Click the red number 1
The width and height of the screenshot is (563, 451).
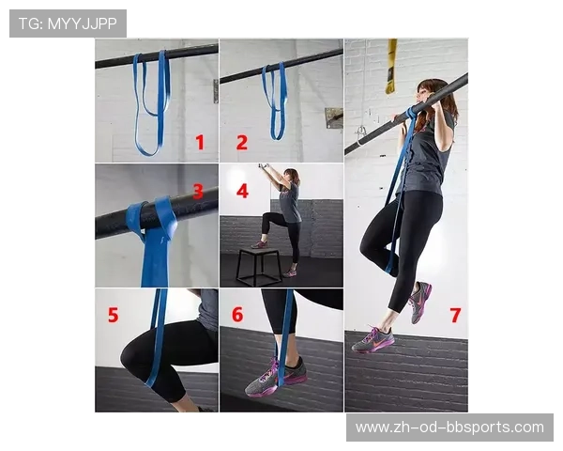coord(200,142)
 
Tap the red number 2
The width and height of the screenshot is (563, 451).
coord(242,143)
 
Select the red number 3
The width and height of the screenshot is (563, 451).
coord(198,192)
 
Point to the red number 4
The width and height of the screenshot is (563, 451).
coord(243,191)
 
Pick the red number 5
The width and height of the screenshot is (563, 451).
coord(114,315)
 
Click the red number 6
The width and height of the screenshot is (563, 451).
coord(237,315)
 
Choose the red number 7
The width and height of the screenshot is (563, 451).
coord(455,316)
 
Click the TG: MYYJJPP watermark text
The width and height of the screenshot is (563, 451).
coord(68,23)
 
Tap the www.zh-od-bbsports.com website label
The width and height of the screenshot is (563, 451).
coord(449,428)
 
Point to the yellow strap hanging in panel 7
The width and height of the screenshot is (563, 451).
coord(390,67)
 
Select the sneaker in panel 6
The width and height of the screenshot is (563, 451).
coord(276,378)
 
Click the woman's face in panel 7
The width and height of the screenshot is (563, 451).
coord(423,94)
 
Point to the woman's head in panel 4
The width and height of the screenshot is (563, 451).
coord(291,176)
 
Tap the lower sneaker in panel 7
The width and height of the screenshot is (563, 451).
coord(373,339)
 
